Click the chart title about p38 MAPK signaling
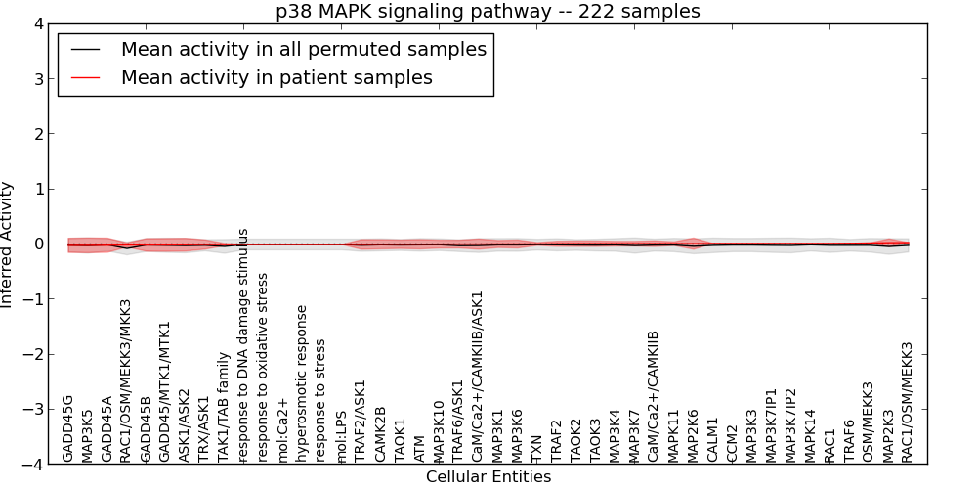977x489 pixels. click(x=488, y=12)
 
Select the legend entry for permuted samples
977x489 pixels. click(x=303, y=50)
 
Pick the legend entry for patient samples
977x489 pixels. click(x=276, y=77)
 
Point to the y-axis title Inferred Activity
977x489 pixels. click(x=8, y=244)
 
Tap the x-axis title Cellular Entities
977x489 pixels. click(x=488, y=477)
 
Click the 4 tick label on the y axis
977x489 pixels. click(x=38, y=24)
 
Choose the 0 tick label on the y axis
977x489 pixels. click(x=38, y=244)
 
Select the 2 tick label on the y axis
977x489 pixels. click(x=38, y=134)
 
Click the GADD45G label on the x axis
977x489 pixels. click(x=67, y=428)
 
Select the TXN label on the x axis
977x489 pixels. click(x=536, y=448)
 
